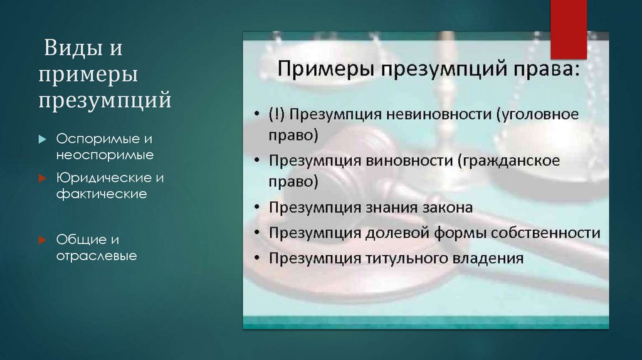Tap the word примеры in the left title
pyautogui.click(x=88, y=73)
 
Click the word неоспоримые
pyautogui.click(x=105, y=154)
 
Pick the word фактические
pyautogui.click(x=102, y=194)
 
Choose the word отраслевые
pyautogui.click(x=97, y=255)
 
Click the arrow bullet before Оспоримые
pyautogui.click(x=42, y=139)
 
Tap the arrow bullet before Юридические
pyautogui.click(x=42, y=178)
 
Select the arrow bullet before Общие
pyautogui.click(x=42, y=240)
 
